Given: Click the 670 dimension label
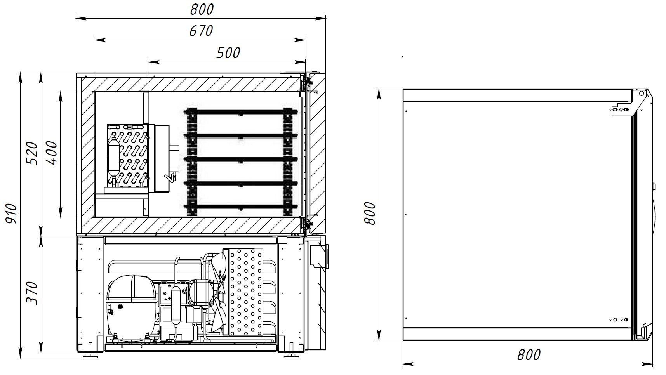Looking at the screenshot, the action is (201, 30).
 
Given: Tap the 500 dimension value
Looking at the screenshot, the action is (228, 53).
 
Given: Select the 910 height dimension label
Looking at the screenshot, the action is (11, 213).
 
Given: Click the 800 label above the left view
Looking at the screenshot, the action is (202, 9).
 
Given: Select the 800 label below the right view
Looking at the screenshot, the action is (529, 354).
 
